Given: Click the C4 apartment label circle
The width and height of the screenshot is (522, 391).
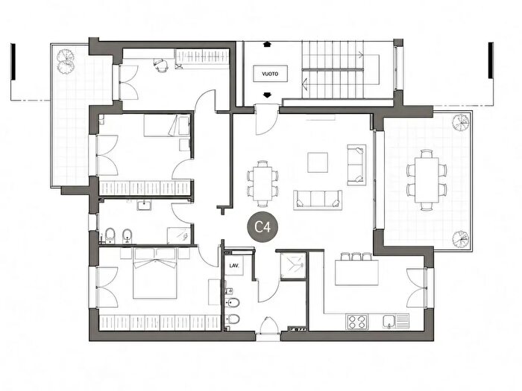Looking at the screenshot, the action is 262,227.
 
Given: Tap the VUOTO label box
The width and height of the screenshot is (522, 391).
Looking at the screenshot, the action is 270,74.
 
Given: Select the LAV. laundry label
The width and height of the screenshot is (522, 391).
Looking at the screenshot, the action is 234,266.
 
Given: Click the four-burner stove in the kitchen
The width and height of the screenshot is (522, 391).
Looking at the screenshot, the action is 357,322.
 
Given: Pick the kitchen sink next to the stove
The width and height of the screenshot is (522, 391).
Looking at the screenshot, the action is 395,322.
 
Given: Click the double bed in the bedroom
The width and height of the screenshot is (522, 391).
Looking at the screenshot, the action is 154,273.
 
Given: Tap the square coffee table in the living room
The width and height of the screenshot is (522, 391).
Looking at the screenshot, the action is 318,162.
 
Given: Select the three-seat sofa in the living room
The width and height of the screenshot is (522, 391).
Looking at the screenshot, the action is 318,200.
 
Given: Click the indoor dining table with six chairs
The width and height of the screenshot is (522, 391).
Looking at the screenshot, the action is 262,184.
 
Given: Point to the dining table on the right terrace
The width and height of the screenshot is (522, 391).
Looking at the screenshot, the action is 427,180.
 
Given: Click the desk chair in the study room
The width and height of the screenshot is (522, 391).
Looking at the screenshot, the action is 161,65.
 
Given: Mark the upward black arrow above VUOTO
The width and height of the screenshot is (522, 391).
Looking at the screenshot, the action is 267,44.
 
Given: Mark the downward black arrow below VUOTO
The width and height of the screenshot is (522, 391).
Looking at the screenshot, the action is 267,95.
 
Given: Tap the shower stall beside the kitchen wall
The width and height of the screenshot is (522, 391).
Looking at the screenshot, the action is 293,265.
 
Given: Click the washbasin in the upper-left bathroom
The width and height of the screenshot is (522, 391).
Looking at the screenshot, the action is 144,206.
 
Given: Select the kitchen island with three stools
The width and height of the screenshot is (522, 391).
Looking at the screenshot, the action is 356,270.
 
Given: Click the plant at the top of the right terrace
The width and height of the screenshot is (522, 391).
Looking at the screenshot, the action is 461,122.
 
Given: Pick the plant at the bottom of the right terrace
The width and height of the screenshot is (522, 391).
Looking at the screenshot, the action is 461,239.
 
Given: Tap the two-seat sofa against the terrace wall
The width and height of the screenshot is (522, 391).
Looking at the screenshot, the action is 356,165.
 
